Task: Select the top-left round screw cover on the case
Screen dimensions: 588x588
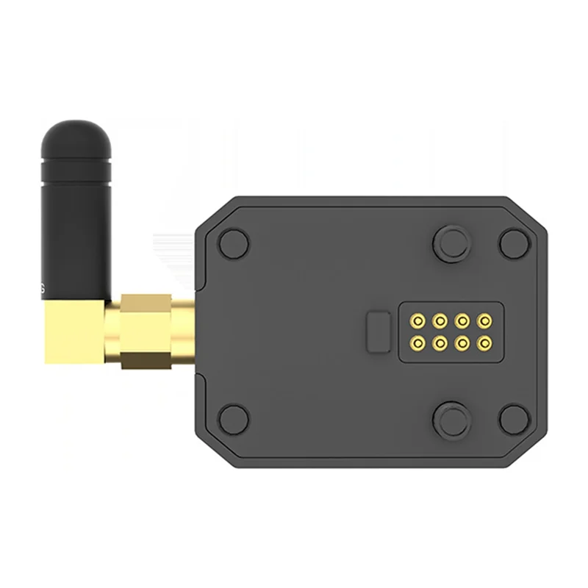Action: pyautogui.click(x=234, y=243)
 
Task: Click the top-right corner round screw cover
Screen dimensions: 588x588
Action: pyautogui.click(x=514, y=243)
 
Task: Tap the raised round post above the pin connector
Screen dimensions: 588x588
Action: pyautogui.click(x=451, y=242)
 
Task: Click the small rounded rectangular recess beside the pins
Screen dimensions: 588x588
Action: pyautogui.click(x=379, y=331)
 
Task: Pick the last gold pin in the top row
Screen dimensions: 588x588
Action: pyautogui.click(x=484, y=321)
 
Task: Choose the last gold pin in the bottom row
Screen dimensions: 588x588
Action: pyautogui.click(x=484, y=342)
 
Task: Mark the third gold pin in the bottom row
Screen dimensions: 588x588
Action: pyautogui.click(x=462, y=342)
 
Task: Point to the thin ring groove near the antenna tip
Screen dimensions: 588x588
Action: pyautogui.click(x=76, y=159)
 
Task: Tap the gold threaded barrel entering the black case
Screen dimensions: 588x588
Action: pyautogui.click(x=183, y=331)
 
